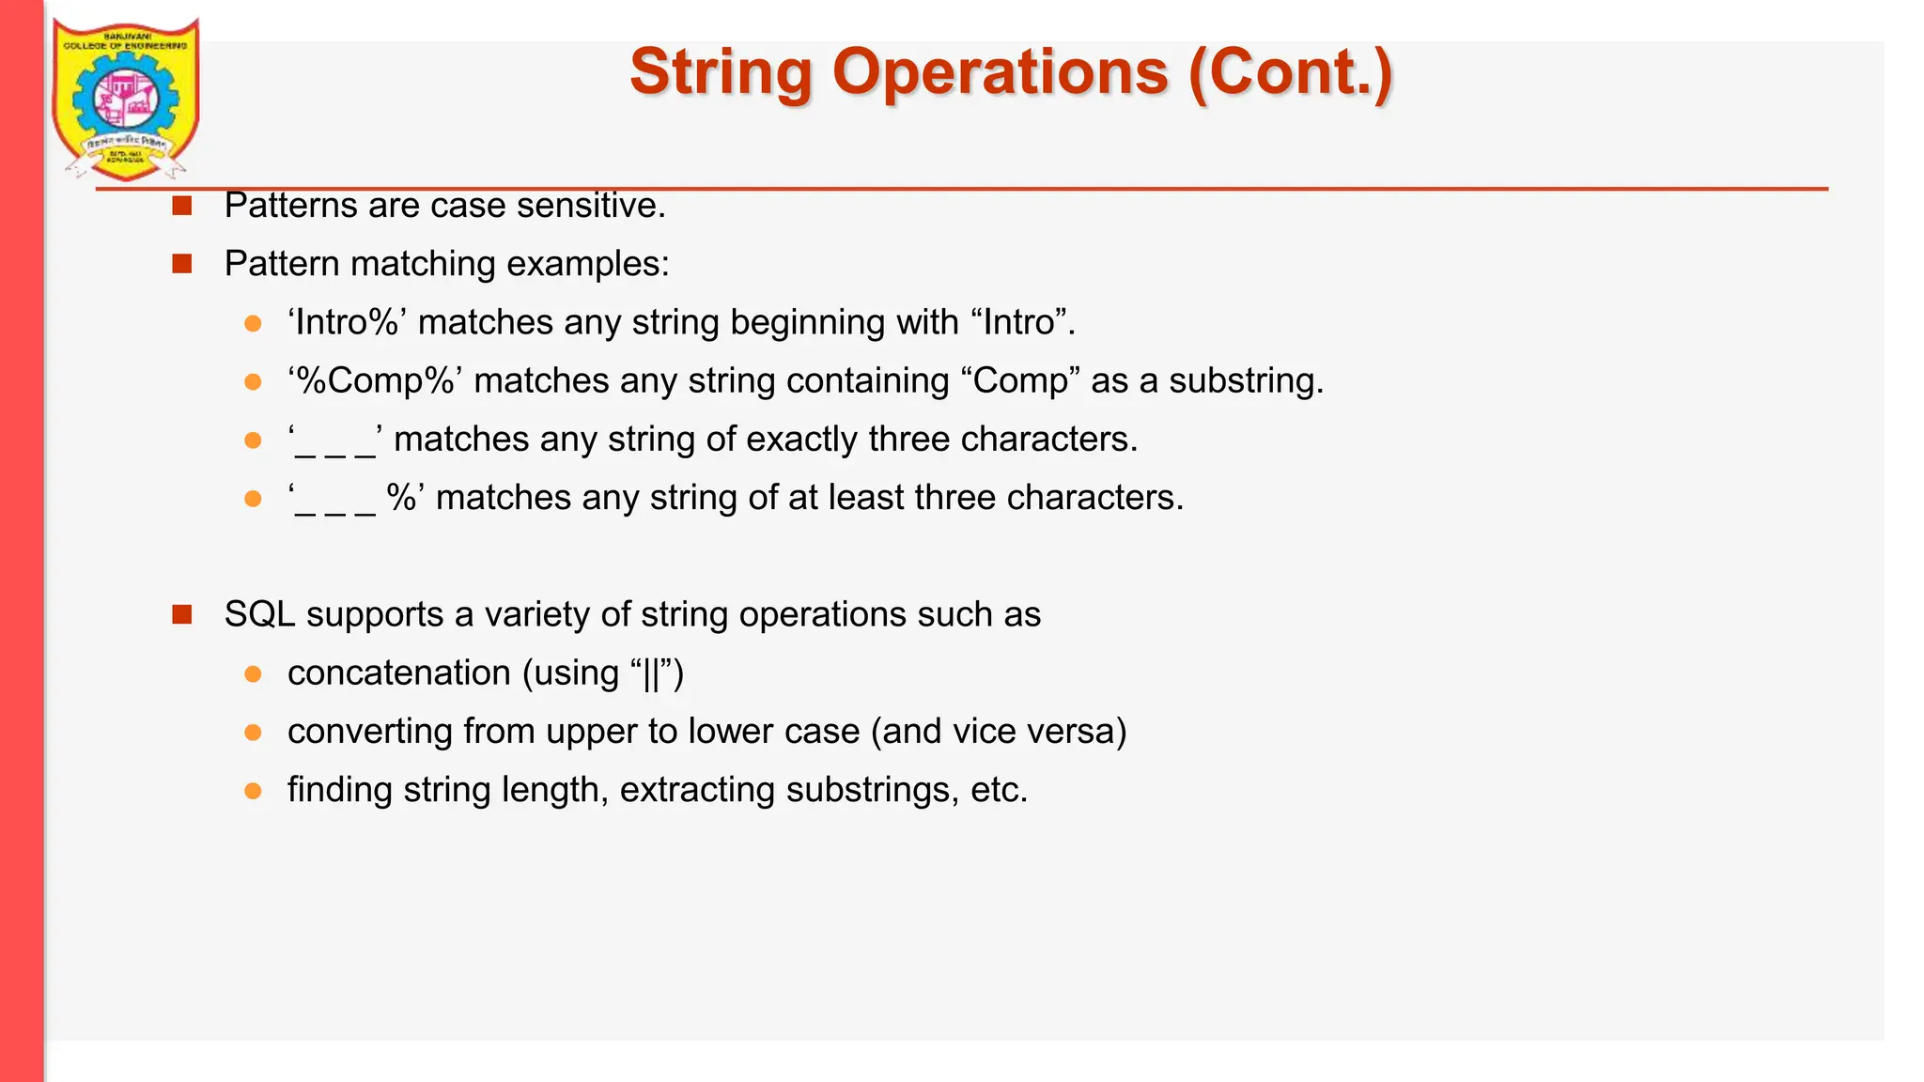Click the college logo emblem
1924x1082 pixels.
coord(125,100)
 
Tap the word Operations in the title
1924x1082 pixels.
coord(1001,73)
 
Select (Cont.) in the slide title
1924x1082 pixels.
coord(1290,73)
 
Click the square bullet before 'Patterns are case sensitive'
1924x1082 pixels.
coord(182,206)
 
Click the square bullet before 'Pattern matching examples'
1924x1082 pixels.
coord(182,264)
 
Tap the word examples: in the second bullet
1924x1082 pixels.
coord(588,264)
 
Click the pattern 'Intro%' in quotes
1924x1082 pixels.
coord(347,322)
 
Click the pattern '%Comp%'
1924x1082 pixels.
coord(375,380)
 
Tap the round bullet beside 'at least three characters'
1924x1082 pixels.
coord(253,499)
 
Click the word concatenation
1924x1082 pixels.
coord(399,673)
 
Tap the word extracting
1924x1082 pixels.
coord(697,790)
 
